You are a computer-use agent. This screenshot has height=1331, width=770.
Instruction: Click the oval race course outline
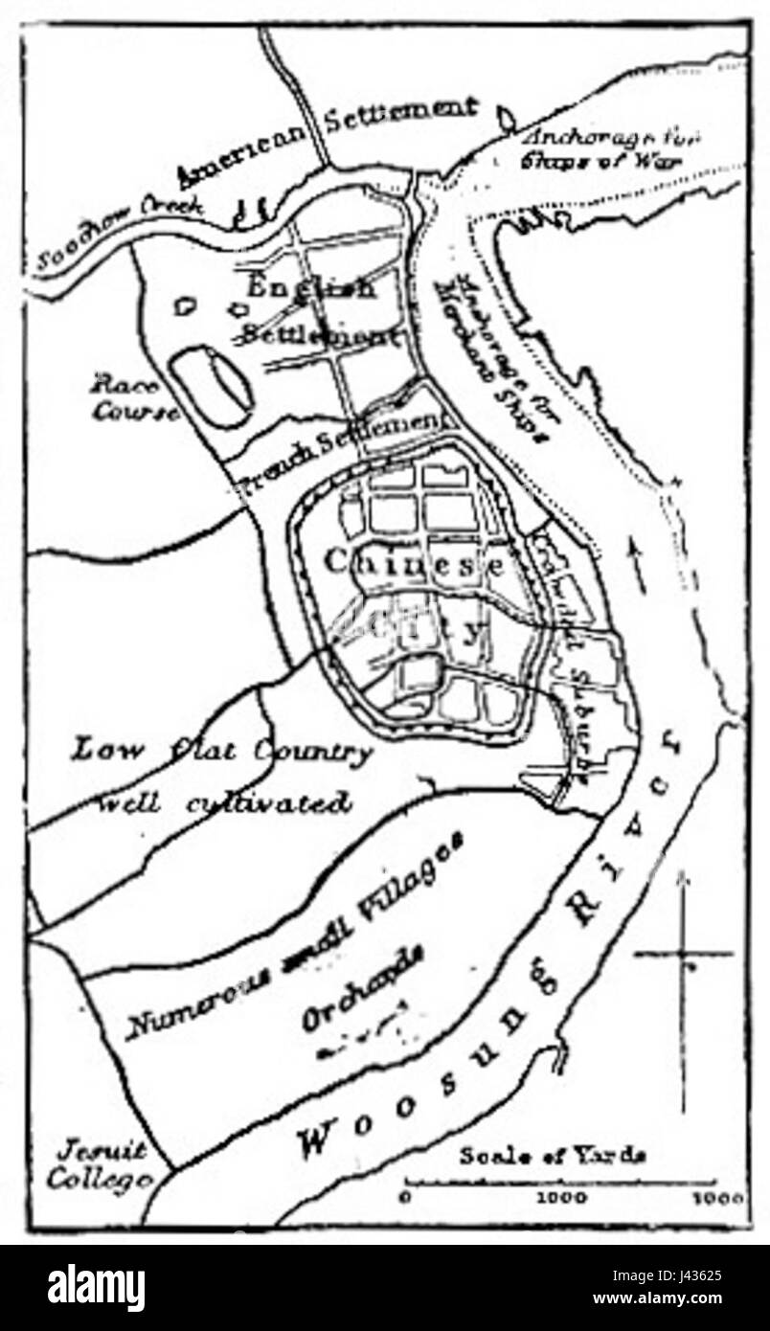point(212,388)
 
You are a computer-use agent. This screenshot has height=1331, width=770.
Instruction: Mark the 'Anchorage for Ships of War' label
point(609,147)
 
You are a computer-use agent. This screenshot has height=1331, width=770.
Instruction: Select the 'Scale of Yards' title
point(552,1154)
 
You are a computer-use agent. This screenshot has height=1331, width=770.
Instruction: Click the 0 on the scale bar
point(405,1198)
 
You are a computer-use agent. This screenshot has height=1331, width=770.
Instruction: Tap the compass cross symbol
point(684,954)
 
